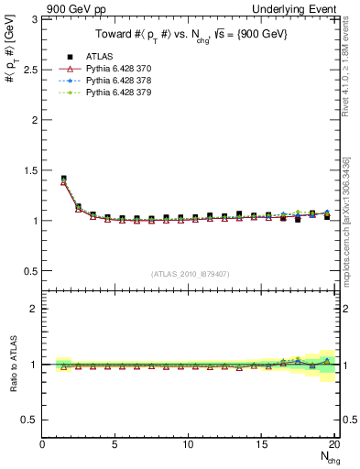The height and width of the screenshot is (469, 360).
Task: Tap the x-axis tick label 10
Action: click(189, 444)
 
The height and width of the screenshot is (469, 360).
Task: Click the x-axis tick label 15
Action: click(262, 444)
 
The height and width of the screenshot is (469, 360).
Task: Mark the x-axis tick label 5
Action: click(115, 444)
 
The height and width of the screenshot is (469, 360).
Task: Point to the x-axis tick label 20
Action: click(334, 444)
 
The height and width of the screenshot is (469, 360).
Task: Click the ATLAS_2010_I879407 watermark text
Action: click(190, 273)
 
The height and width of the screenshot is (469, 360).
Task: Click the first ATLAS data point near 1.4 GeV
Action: click(63, 179)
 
